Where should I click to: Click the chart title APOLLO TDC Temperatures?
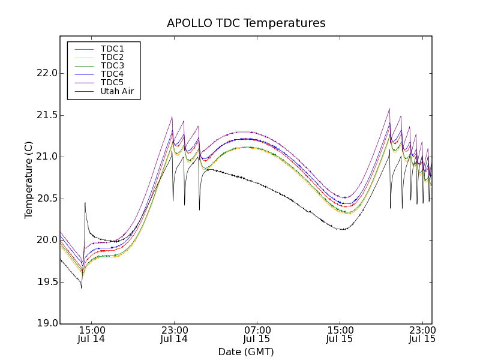coord(246,23)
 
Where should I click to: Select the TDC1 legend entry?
coord(112,49)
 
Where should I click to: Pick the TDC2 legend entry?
coord(112,57)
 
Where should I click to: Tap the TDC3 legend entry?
coord(112,65)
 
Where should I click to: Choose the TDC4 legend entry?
coord(112,74)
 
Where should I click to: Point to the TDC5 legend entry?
coord(112,83)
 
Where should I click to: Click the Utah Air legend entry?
coord(117,92)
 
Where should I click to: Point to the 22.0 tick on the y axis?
coord(46,73)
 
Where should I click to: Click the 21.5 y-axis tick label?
coord(46,115)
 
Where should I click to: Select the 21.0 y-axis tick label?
coord(46,157)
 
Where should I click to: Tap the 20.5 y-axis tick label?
coord(46,199)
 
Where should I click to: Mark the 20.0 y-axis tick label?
coord(46,240)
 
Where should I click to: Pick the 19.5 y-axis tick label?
coord(46,282)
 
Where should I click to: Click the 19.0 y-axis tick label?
coord(46,323)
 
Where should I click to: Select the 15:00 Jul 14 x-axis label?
coord(92,335)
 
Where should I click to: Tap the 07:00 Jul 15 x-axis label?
coord(257,335)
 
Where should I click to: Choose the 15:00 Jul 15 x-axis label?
coord(340,335)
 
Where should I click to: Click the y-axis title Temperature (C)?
coord(29,179)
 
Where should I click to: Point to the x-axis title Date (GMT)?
coord(245,352)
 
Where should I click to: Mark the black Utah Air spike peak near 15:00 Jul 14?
coord(85,203)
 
